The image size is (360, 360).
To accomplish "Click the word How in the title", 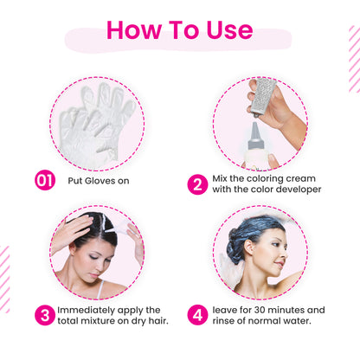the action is [134, 29].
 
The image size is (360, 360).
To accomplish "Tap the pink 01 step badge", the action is [45, 181].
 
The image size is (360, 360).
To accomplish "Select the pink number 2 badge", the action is [197, 184].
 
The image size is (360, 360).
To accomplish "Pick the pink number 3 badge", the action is [45, 315].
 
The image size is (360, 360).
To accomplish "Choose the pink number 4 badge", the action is [197, 315].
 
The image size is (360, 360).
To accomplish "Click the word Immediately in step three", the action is [82, 310].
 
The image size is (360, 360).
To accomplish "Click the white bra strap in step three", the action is [100, 289].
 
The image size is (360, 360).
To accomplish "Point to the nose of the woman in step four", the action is [284, 254].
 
